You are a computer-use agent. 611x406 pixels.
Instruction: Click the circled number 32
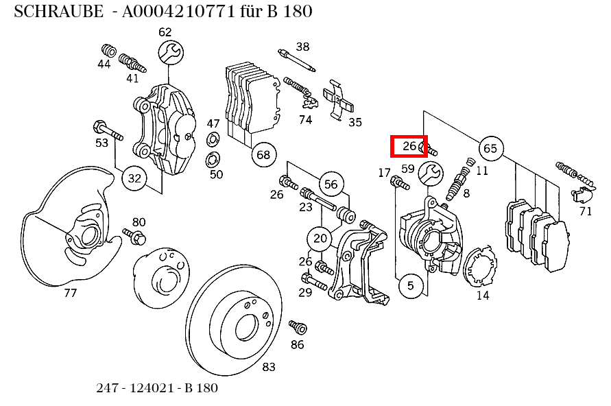pyautogui.click(x=134, y=179)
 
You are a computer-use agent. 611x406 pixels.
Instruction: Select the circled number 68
pyautogui.click(x=264, y=154)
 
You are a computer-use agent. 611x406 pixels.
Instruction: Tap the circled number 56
pyautogui.click(x=331, y=184)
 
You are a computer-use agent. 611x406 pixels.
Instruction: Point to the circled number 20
pyautogui.click(x=320, y=239)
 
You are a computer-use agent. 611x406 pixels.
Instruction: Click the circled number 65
pyautogui.click(x=490, y=148)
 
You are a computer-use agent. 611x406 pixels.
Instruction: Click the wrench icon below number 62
pyautogui.click(x=171, y=52)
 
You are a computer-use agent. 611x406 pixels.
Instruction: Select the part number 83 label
pyautogui.click(x=269, y=367)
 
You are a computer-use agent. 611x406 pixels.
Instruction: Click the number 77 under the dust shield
pyautogui.click(x=70, y=294)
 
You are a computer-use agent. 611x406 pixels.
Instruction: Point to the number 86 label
pyautogui.click(x=297, y=344)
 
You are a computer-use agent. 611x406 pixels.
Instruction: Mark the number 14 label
pyautogui.click(x=483, y=296)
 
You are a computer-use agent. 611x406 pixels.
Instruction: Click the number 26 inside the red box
pyautogui.click(x=409, y=146)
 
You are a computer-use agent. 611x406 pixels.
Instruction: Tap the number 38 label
pyautogui.click(x=302, y=47)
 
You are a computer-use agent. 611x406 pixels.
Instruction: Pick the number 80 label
pyautogui.click(x=139, y=222)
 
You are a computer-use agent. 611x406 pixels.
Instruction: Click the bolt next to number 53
pyautogui.click(x=106, y=130)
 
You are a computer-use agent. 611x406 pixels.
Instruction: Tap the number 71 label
pyautogui.click(x=585, y=211)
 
